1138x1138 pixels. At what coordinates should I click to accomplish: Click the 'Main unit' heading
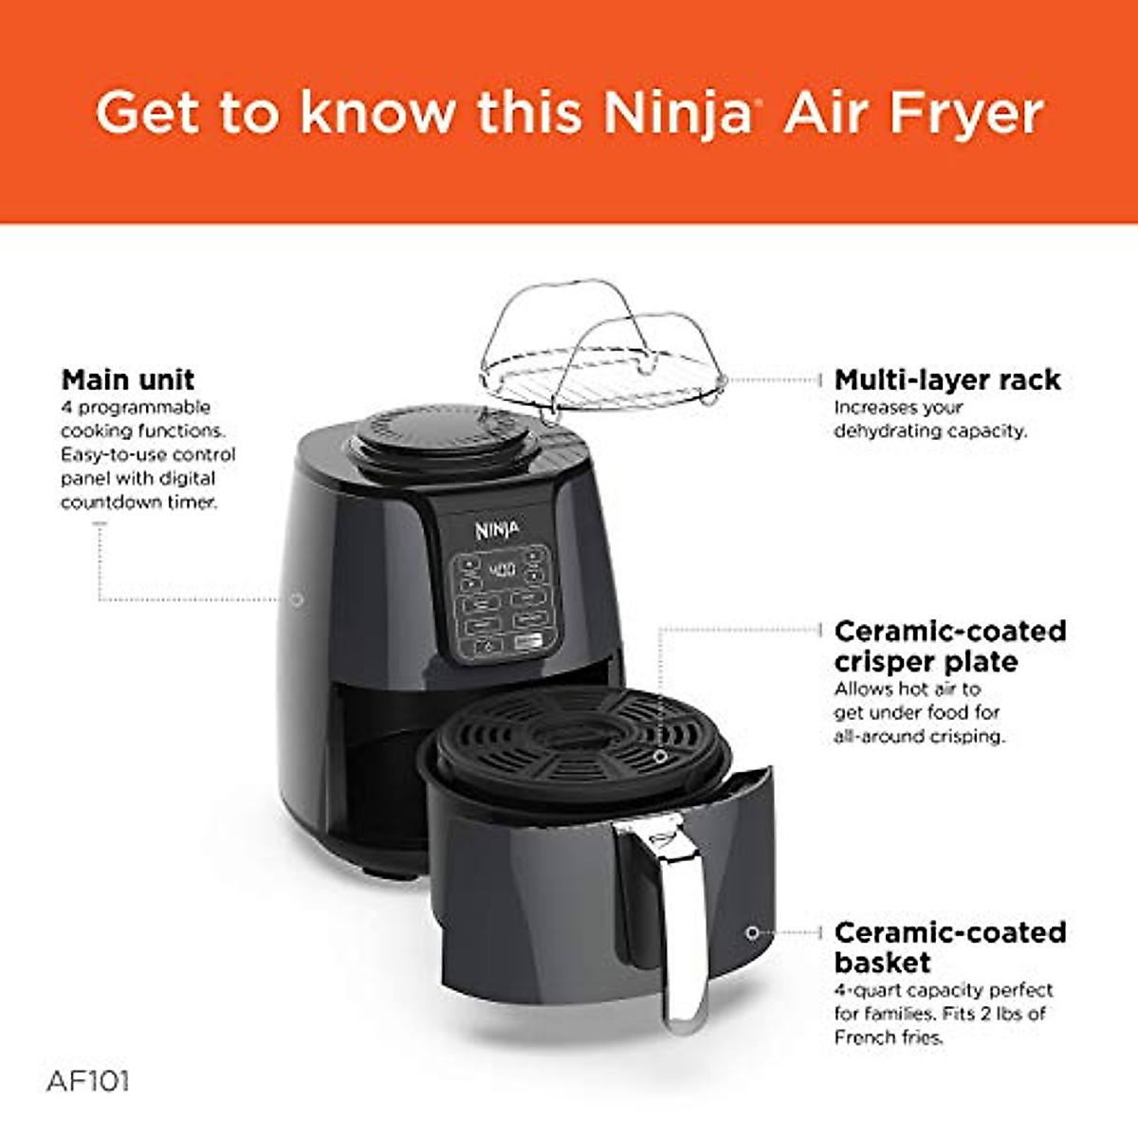point(128,380)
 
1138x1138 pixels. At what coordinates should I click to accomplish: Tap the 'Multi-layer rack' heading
point(946,380)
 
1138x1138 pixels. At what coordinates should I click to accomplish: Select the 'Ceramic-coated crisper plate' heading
point(949,646)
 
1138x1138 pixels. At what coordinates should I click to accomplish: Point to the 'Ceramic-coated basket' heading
point(949,947)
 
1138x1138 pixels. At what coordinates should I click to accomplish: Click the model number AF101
point(87,1081)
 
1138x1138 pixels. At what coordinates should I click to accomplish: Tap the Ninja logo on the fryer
point(497,529)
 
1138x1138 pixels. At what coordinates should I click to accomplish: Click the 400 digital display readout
point(501,571)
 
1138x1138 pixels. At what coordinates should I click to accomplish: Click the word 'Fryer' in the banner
point(966,114)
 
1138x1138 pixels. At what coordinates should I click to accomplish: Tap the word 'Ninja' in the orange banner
point(677,114)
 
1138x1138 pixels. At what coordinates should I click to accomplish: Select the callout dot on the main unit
point(297,599)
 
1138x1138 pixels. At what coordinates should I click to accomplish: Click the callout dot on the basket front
point(752,933)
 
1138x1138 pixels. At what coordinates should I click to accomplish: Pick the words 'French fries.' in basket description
point(890,1037)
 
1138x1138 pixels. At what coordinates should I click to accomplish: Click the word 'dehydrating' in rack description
point(879,431)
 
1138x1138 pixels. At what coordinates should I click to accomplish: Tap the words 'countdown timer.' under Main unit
point(138,503)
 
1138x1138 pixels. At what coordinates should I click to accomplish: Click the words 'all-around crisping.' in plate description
point(919,736)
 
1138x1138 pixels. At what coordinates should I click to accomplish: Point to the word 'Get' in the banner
point(149,114)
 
